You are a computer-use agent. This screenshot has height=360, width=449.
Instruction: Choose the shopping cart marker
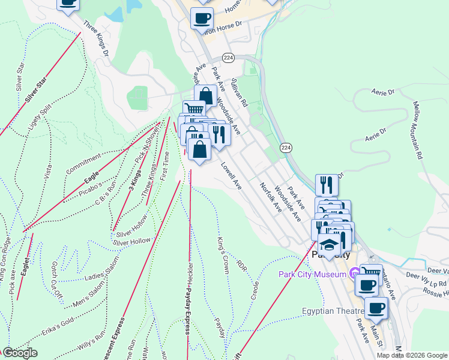coord(194,110)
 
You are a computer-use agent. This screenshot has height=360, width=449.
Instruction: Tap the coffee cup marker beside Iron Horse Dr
coord(202,17)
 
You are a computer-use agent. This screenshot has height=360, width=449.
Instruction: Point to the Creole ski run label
coord(255,290)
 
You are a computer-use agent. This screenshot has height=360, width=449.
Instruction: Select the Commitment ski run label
coord(83,164)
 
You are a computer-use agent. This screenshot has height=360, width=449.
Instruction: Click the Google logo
coord(19,353)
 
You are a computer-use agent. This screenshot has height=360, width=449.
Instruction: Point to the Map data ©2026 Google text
coord(412,355)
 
